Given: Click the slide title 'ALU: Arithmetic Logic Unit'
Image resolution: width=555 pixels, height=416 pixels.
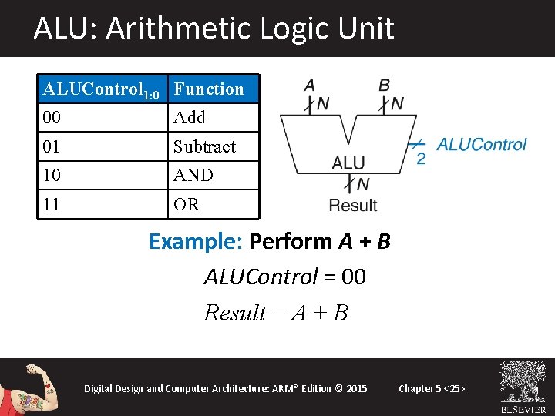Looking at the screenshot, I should coord(214,29).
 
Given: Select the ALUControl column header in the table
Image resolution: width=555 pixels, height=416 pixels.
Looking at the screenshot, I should coord(102,89).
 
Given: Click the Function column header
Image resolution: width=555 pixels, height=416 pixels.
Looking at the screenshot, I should coord(208,89).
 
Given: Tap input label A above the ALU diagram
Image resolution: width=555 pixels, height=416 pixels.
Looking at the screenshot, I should coord(309,85).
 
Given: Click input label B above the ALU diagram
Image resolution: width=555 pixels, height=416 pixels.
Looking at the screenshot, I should coord(384,85).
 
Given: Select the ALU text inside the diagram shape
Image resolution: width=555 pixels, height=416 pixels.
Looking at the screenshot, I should coord(348,163).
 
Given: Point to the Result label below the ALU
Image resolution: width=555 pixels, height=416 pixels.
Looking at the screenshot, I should coord(353,205).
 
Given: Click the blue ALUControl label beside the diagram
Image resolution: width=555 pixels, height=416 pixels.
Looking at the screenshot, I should coord(482,144).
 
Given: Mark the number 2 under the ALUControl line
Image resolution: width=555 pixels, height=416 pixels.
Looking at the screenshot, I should coord(421,159).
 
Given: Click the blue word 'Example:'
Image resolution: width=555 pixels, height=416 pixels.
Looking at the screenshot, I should coord(197,241).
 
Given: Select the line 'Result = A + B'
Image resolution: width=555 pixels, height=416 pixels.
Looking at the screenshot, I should coord(276,313).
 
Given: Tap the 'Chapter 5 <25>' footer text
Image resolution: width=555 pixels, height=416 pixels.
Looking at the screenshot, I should coord(432,388).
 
